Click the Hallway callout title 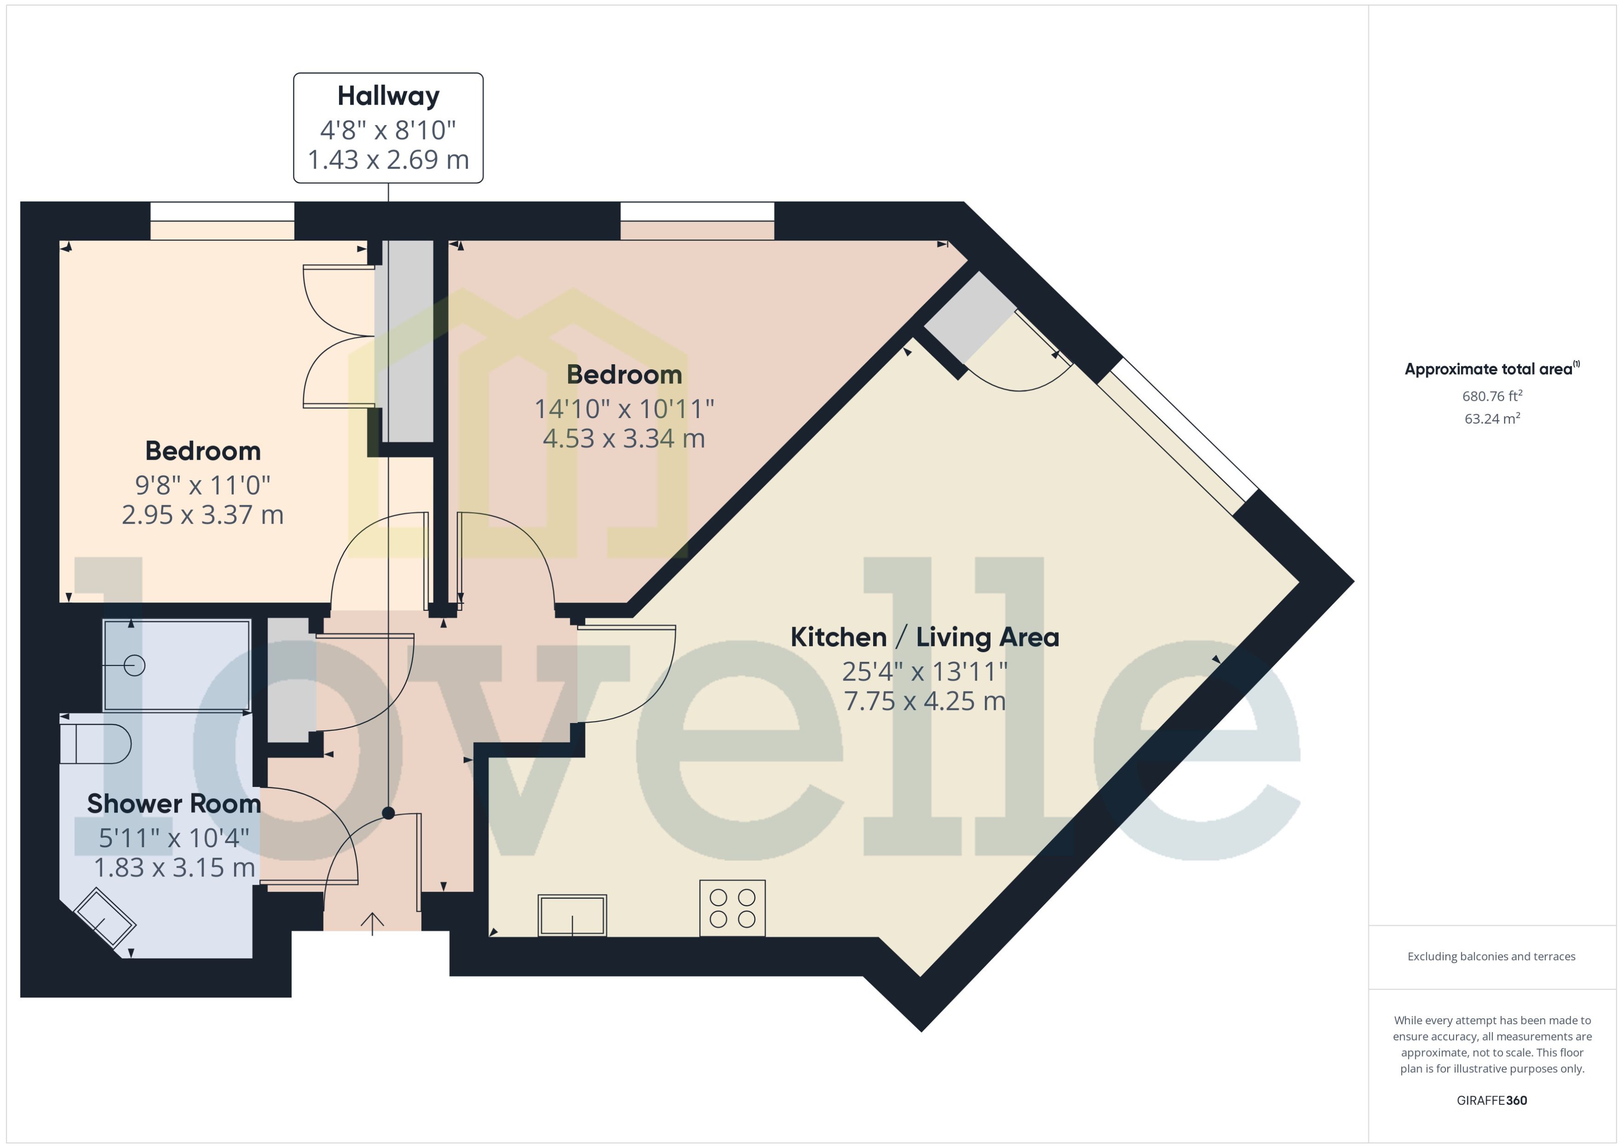coord(388,95)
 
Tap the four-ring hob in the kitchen coord(732,908)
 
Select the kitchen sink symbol coord(572,915)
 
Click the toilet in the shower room coord(96,744)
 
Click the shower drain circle coord(134,665)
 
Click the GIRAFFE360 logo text coord(1491,1100)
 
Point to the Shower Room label coord(174,804)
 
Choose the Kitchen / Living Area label coord(924,637)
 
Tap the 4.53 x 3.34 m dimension coord(624,438)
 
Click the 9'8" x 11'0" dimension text coord(203,485)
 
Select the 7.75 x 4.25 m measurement coord(924,701)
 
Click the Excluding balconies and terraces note coord(1491,957)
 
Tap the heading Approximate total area coord(1489,369)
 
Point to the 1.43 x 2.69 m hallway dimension coord(388,160)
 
